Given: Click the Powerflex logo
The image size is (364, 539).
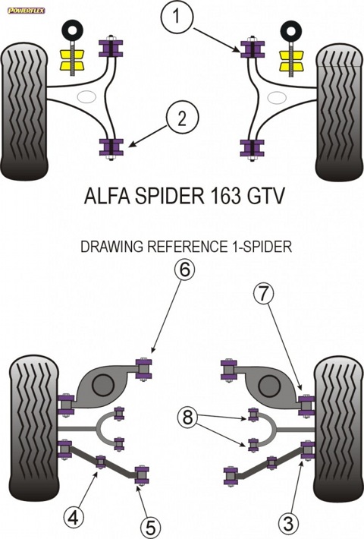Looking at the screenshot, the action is pos(26,11).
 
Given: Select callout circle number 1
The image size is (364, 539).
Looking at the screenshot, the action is pos(176,17).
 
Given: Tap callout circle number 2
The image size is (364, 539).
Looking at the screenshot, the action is pos(182,118).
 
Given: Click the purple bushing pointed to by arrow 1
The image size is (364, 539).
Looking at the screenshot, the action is pos(253,49).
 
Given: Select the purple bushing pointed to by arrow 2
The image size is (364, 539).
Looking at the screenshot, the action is pos(111,148).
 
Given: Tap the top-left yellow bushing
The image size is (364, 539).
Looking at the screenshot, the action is pos(72,59).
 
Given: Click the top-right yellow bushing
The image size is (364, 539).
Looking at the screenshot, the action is pos(291,59).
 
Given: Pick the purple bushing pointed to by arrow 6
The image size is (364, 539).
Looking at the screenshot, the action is pos(144,369).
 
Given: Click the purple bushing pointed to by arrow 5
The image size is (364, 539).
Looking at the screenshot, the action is pos(142,475).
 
